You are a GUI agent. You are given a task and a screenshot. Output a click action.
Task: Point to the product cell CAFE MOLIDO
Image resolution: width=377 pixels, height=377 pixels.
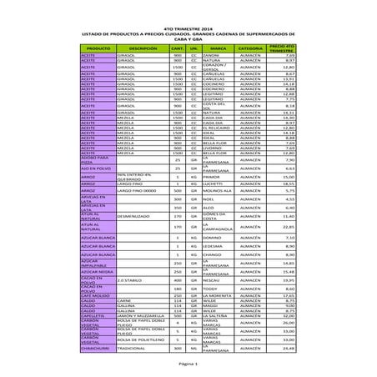(x=98, y=295)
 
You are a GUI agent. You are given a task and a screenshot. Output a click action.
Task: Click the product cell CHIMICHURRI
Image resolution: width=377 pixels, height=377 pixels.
(x=98, y=348)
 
